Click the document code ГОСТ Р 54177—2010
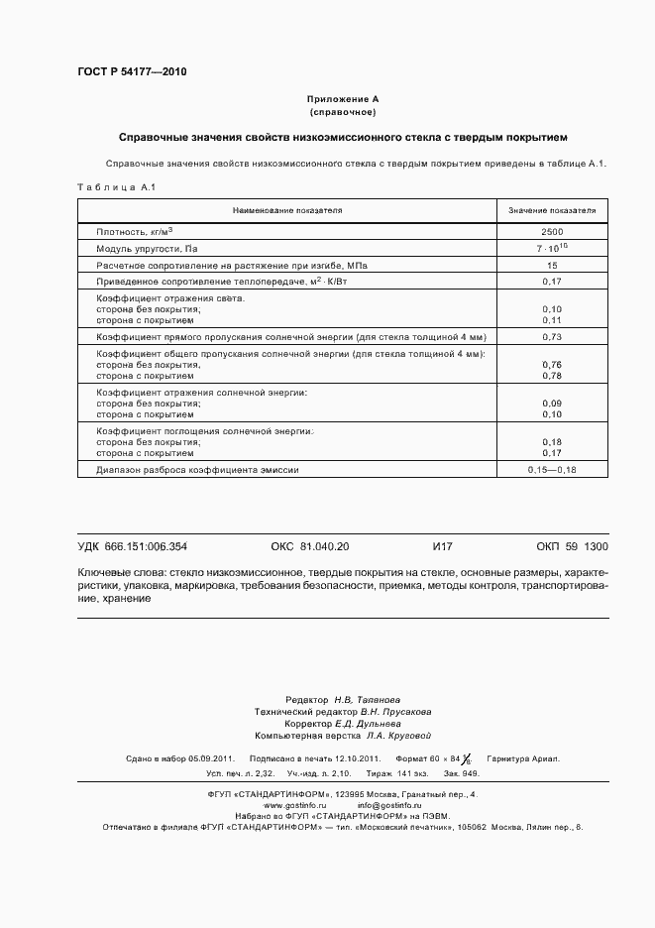[x=131, y=72]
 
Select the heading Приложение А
[x=343, y=99]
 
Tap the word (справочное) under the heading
[x=343, y=112]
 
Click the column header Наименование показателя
[x=286, y=211]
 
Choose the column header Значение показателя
[x=552, y=211]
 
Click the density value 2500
[x=552, y=231]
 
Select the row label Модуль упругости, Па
[x=146, y=249]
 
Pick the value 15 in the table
[x=552, y=266]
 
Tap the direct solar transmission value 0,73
[x=552, y=338]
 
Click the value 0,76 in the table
[x=552, y=365]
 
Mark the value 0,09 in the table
[x=552, y=404]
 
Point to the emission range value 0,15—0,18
[x=552, y=469]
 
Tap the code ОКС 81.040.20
[x=309, y=546]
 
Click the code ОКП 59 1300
[x=572, y=546]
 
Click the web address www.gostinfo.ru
[x=296, y=804]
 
